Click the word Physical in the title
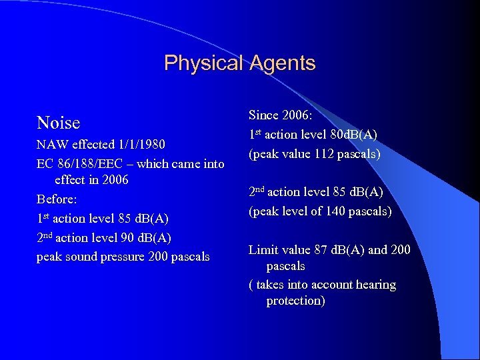point(203,63)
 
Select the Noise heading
point(58,123)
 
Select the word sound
point(85,257)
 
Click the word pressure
point(128,257)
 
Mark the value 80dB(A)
point(351,135)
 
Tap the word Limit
point(263,250)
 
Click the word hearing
point(375,285)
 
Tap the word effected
point(91,145)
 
